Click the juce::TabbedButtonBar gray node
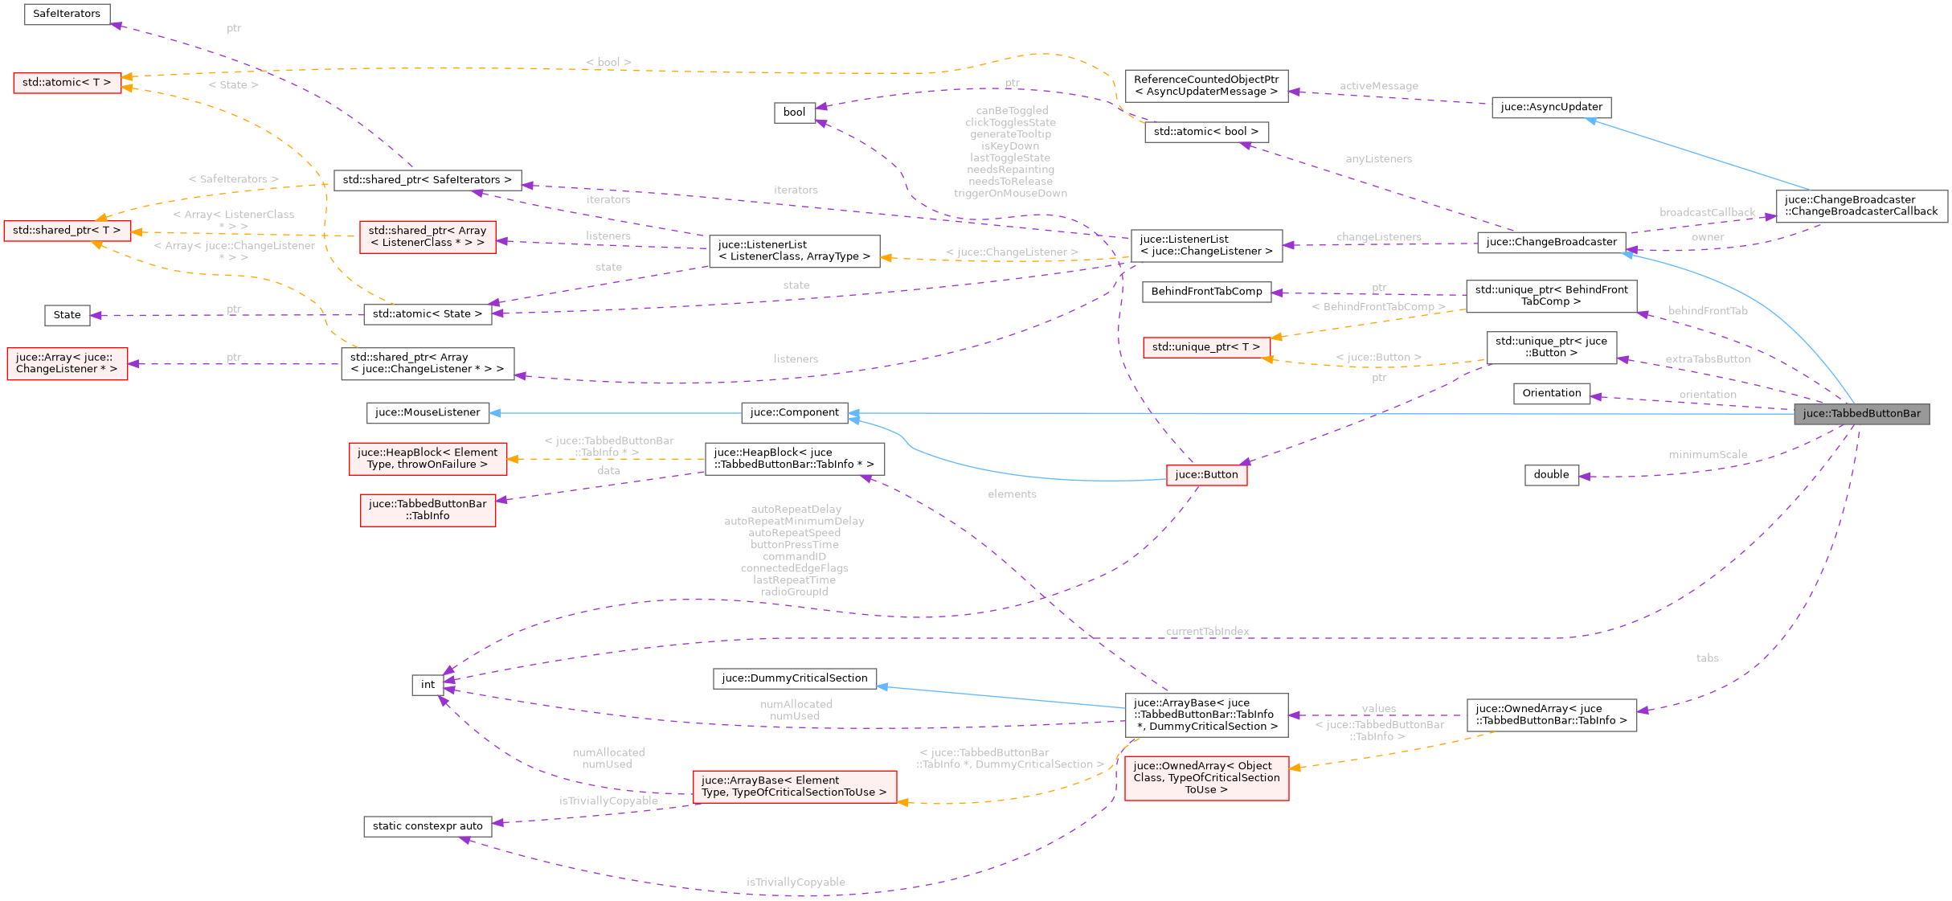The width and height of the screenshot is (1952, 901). (x=1861, y=414)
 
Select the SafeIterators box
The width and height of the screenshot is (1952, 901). (x=67, y=14)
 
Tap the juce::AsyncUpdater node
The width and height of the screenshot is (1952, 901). (x=1551, y=107)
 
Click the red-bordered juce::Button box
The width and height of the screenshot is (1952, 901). (x=1206, y=475)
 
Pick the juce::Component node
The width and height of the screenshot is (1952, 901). (x=794, y=412)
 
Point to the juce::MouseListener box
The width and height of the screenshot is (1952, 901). (x=428, y=412)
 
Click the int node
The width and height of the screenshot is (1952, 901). (x=428, y=685)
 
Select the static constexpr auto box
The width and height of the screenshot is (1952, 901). (x=428, y=826)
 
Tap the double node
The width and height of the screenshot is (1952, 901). (x=1551, y=475)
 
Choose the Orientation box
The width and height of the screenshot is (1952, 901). (x=1551, y=393)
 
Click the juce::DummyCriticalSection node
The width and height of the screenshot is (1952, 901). (x=794, y=678)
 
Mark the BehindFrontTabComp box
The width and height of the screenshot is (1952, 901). (x=1206, y=292)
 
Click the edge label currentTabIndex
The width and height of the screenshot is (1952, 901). (x=1207, y=632)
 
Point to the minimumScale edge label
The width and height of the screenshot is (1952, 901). (x=1707, y=455)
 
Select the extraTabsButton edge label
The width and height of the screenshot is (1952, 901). (x=1707, y=359)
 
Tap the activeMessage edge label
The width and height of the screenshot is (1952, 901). (x=1378, y=86)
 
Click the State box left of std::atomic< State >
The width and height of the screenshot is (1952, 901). (x=67, y=315)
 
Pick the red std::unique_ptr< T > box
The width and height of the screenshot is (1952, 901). (x=1205, y=347)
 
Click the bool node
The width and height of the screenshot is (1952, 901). (x=794, y=113)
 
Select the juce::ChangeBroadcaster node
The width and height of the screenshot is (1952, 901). (x=1551, y=242)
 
